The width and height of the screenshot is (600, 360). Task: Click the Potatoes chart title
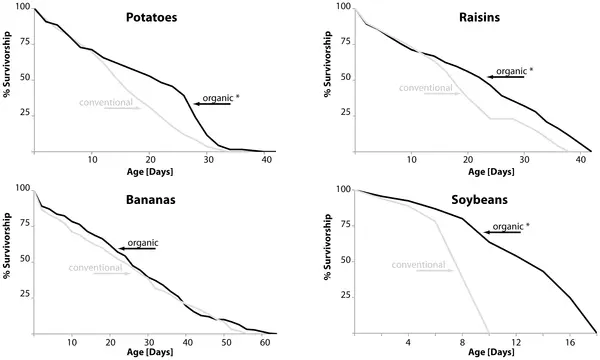[152, 18]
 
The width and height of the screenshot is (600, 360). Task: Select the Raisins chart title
[479, 18]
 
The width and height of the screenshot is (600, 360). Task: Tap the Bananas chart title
[151, 200]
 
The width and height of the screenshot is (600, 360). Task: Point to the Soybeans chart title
[479, 200]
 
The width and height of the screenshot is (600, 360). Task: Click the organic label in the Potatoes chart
[218, 98]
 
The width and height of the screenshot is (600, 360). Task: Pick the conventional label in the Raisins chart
[426, 88]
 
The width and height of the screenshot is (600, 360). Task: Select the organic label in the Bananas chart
[143, 243]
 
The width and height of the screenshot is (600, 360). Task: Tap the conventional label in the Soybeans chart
[418, 265]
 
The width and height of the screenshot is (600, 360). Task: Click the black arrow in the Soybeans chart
[502, 232]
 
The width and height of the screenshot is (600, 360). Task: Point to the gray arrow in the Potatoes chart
[123, 108]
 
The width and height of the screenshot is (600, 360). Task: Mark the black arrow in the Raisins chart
[505, 77]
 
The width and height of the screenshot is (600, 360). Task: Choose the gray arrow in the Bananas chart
[112, 274]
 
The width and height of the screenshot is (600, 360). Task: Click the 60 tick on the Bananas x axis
[265, 342]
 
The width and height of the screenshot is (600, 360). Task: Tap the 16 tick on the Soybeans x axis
[570, 342]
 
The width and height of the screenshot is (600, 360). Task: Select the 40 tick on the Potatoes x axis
[265, 160]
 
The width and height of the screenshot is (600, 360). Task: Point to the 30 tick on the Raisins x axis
[524, 160]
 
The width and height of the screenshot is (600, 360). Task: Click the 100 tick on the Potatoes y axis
[23, 7]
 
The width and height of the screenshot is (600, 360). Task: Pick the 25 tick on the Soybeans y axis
[345, 296]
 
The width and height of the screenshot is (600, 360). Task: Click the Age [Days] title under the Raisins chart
[491, 172]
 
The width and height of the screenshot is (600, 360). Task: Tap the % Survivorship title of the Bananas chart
[7, 246]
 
